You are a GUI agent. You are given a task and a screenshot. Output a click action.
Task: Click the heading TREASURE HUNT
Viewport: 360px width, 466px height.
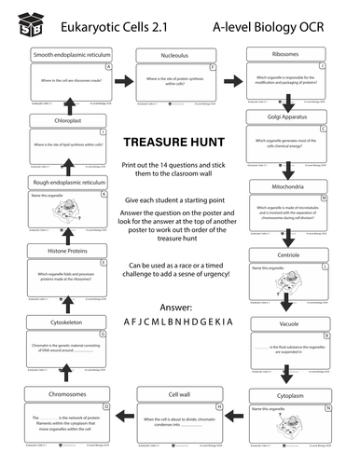click(177, 142)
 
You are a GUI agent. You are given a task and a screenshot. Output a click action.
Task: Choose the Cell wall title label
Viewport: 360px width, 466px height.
click(178, 394)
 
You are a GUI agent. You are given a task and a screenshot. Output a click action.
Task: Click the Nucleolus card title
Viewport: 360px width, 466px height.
click(177, 56)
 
